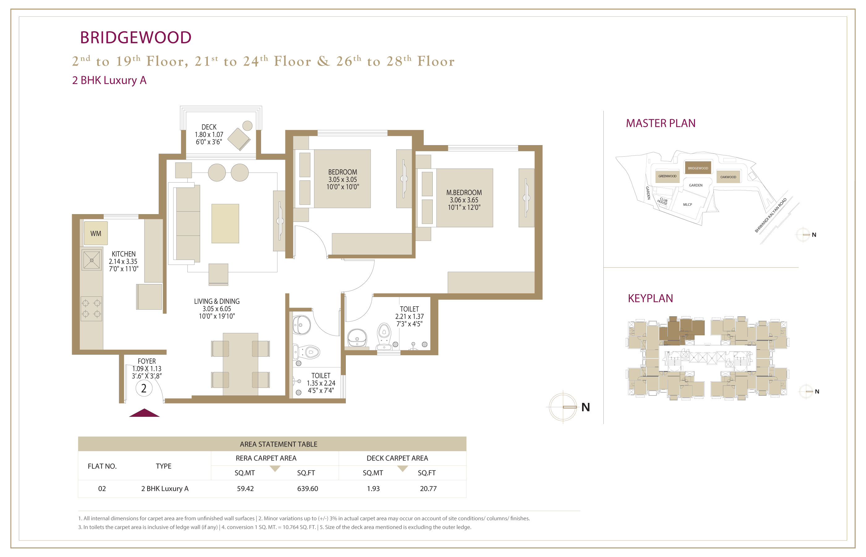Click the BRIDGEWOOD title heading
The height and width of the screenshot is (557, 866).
click(x=135, y=38)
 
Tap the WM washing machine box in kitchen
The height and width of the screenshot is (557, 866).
click(x=96, y=233)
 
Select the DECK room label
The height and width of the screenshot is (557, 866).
click(x=209, y=127)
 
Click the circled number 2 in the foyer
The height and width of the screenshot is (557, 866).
click(x=144, y=388)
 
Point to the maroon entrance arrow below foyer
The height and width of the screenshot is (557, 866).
click(x=144, y=413)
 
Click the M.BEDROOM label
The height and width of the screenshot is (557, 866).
click(x=464, y=193)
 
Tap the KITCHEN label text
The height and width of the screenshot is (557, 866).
click(x=124, y=254)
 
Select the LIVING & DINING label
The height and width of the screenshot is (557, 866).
click(x=217, y=301)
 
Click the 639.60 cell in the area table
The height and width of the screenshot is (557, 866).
click(x=307, y=489)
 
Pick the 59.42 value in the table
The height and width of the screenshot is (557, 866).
click(x=245, y=489)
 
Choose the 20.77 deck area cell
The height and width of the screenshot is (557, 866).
click(x=428, y=489)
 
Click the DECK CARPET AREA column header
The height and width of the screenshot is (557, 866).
click(x=397, y=458)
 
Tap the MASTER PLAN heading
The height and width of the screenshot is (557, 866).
click(x=661, y=123)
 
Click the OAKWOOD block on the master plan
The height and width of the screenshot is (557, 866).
click(x=728, y=177)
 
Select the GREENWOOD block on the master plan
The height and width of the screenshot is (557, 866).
click(x=667, y=176)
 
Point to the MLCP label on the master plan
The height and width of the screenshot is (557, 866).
click(x=688, y=205)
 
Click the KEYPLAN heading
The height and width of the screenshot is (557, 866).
click(x=651, y=298)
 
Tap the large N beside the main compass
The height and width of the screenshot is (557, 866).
click(x=585, y=407)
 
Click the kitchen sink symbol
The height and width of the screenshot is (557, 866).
click(x=92, y=260)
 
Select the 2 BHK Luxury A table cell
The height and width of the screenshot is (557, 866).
click(x=165, y=489)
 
